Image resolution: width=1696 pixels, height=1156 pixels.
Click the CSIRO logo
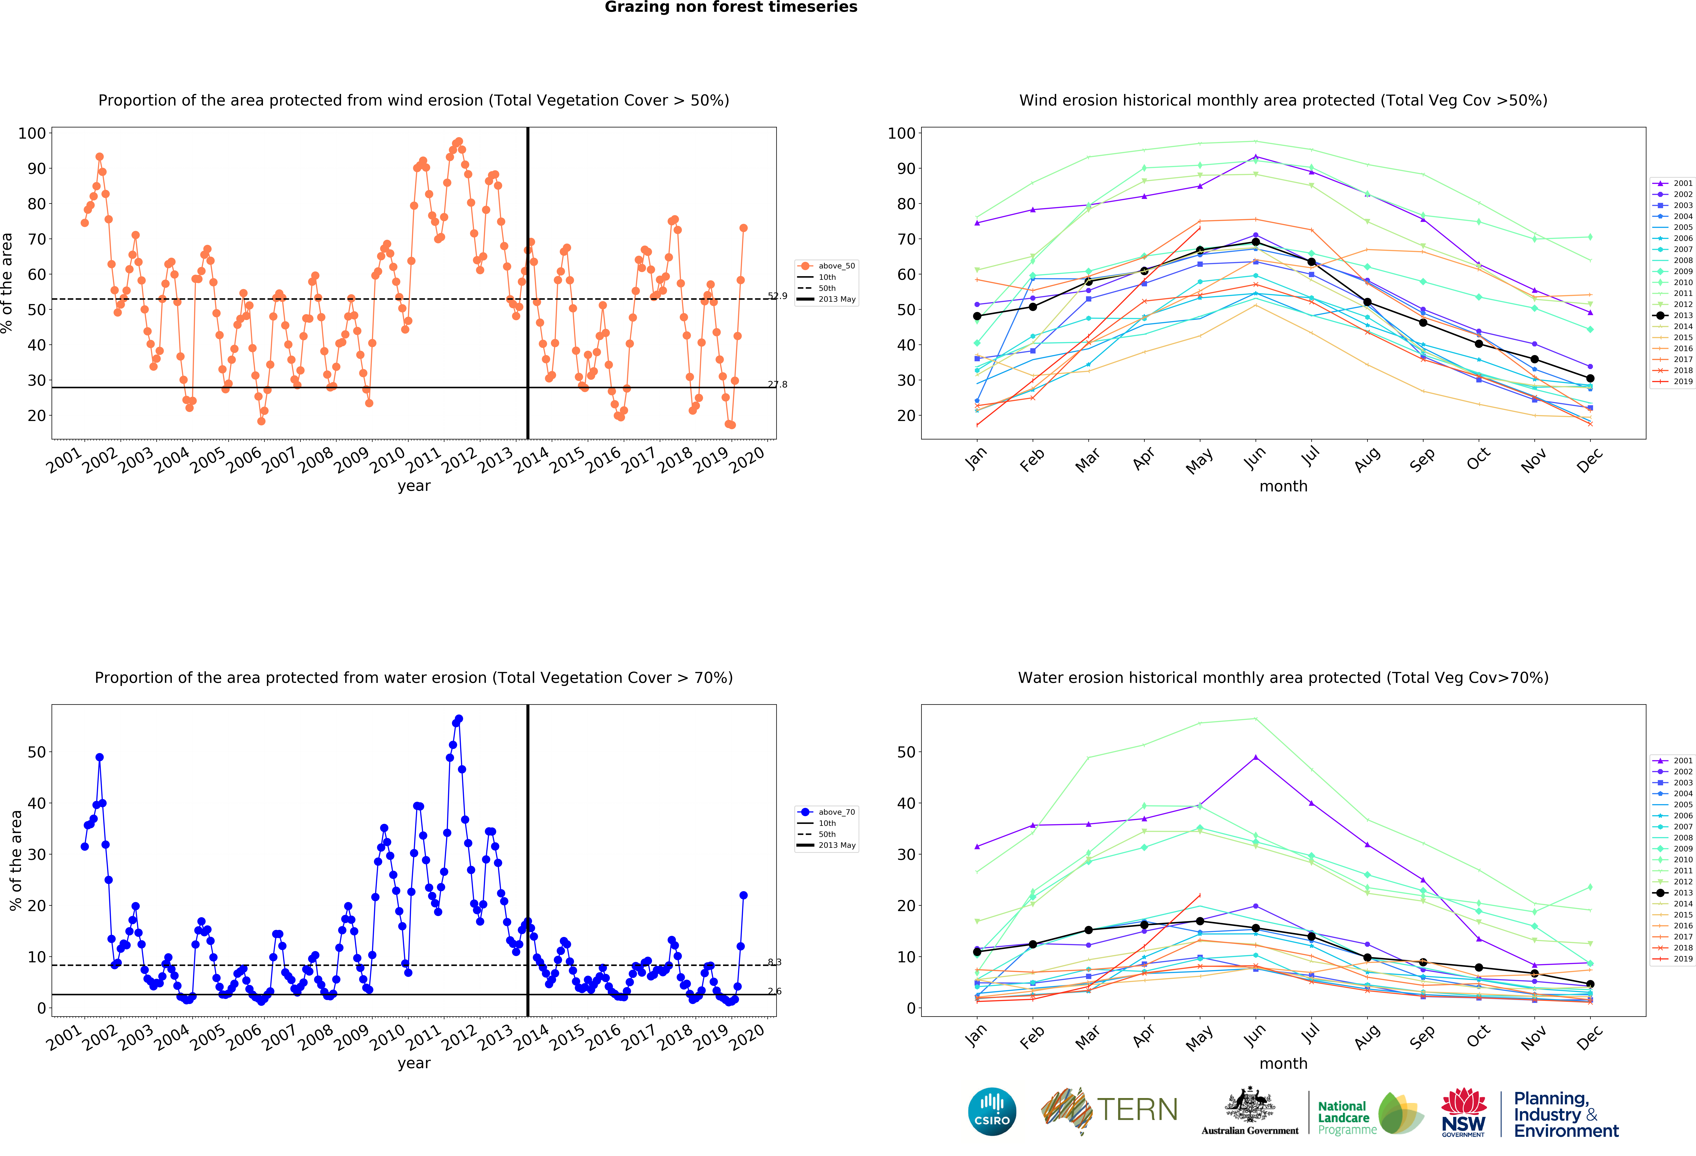tap(992, 1111)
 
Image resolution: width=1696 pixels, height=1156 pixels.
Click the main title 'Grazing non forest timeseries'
tap(730, 7)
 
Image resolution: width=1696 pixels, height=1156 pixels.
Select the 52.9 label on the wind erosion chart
tap(777, 296)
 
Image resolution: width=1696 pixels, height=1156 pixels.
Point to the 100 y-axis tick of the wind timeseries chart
tap(32, 133)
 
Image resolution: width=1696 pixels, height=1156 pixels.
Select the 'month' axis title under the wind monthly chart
tap(1283, 486)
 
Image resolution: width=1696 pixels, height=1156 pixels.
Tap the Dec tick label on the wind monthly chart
tap(1589, 460)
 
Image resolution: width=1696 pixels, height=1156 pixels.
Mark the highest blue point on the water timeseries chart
tap(458, 719)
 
